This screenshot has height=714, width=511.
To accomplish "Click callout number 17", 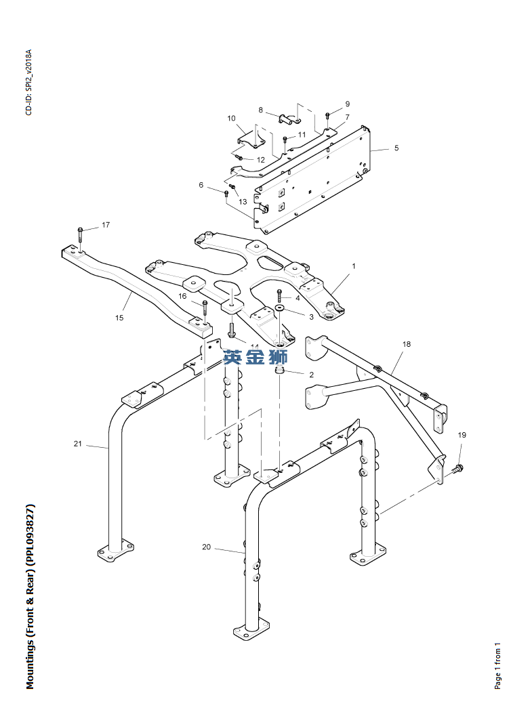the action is tap(106, 225).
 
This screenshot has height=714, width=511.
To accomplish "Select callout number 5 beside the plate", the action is tap(396, 148).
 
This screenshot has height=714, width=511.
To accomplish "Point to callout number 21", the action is tap(77, 444).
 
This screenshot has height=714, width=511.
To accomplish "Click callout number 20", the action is tap(206, 547).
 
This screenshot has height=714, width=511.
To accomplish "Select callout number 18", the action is tap(406, 344).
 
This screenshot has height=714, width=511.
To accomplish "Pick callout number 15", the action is tap(119, 318).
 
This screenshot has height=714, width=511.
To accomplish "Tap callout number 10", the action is tap(231, 119).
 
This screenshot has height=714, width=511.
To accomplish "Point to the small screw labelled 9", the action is tap(327, 115).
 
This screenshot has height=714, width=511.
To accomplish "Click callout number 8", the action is tap(261, 110).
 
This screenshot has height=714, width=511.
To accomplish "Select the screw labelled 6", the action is tap(226, 194).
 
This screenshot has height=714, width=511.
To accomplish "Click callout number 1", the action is tap(354, 266).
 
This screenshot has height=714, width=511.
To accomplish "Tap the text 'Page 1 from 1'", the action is tap(497, 666).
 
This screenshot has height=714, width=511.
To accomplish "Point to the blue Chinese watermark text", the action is tap(255, 357).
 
